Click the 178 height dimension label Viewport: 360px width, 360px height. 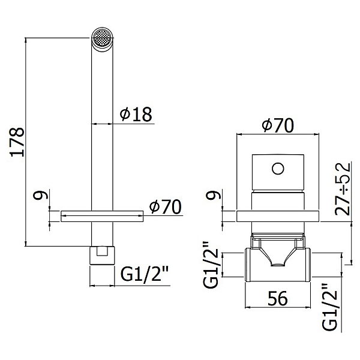(17, 142)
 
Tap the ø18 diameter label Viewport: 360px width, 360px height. (136, 114)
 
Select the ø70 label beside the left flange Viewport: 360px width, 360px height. (165, 206)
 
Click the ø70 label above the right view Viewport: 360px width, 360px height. (278, 125)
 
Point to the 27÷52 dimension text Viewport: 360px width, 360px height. (343, 189)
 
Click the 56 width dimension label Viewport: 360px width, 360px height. (278, 298)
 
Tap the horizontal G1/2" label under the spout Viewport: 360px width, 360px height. (145, 274)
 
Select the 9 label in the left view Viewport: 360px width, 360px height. (40, 195)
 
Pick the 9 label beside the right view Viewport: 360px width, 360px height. (214, 195)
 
